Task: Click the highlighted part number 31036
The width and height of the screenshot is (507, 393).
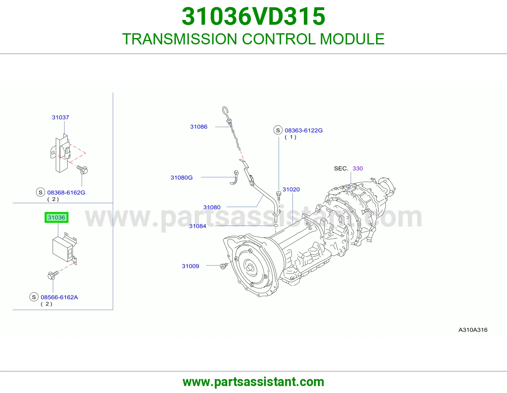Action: point(56,217)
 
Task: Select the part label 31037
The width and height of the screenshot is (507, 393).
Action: point(61,117)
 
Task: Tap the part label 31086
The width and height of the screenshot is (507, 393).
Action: point(199,127)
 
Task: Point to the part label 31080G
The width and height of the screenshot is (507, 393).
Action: point(182,177)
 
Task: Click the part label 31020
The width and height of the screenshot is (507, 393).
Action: point(291,189)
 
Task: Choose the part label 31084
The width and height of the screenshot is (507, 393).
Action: point(198,226)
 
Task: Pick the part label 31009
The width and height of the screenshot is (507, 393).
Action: point(190,266)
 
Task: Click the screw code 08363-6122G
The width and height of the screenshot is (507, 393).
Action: point(304,131)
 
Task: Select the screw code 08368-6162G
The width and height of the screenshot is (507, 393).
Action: point(66,192)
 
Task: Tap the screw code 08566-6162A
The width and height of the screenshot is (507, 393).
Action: point(59,297)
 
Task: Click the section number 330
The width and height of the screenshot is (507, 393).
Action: point(358,169)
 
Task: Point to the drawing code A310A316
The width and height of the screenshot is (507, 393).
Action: point(473,330)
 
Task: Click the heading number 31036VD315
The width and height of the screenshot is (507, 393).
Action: point(253,16)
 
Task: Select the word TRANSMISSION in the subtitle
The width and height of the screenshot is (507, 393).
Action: point(180,39)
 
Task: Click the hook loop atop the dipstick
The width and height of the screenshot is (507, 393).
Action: point(225,111)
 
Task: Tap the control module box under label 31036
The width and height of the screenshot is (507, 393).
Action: point(63,248)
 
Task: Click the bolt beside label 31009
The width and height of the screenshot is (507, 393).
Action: point(224,266)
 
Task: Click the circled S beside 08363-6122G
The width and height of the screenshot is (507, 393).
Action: point(278,130)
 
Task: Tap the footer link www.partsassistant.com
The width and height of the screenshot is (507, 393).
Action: point(253,382)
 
